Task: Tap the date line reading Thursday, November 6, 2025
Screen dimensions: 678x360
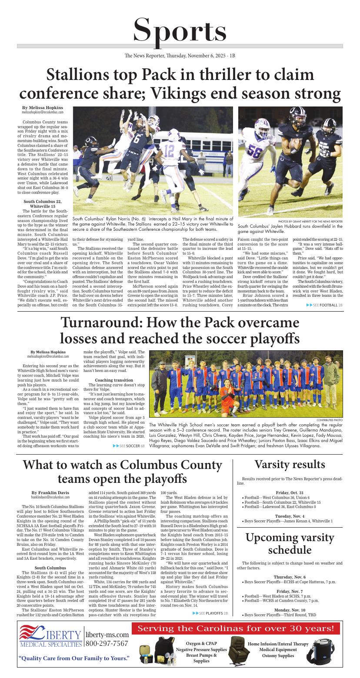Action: coord(180,56)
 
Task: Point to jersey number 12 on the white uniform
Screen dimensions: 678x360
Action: coord(169,150)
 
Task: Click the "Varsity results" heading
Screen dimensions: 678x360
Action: coord(290,464)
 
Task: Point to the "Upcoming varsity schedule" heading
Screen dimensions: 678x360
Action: coord(290,544)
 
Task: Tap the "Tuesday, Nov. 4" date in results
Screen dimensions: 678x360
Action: coord(290,516)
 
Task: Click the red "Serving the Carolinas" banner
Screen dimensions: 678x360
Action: coord(236,628)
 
